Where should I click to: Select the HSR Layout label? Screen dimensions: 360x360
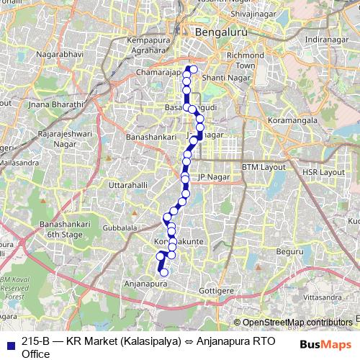pyautogui.click(x=323, y=173)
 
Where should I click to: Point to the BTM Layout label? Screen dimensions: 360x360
pyautogui.click(x=264, y=166)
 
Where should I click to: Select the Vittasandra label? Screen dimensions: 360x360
pyautogui.click(x=320, y=297)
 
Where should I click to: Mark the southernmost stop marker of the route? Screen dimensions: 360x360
pyautogui.click(x=163, y=272)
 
